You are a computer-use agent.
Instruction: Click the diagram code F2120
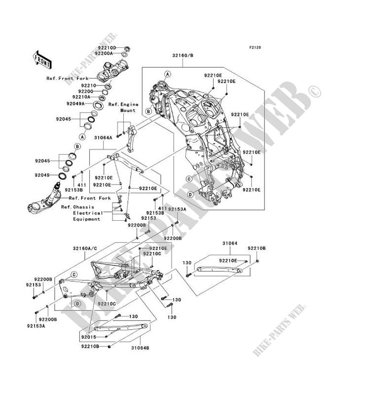[x=255, y=48]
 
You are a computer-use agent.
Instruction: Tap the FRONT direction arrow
[x=43, y=58]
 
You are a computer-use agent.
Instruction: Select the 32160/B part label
[x=183, y=56]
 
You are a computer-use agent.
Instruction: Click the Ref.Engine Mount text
[x=121, y=107]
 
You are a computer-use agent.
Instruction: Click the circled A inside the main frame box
[x=167, y=74]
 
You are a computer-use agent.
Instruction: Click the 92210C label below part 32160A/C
[x=106, y=304]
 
